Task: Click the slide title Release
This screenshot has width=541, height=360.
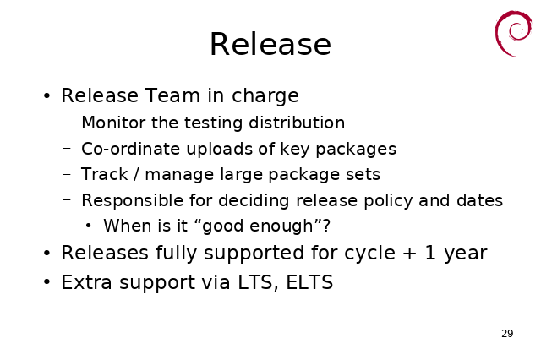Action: tap(270, 44)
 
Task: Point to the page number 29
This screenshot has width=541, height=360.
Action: tap(507, 334)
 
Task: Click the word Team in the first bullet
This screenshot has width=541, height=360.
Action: tap(172, 95)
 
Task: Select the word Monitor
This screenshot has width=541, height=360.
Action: tap(113, 123)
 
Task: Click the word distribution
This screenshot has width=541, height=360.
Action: tap(297, 123)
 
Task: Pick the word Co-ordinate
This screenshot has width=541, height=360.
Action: tap(130, 149)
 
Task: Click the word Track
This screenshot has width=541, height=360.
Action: tap(105, 174)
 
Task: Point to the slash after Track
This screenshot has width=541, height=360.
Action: tap(137, 174)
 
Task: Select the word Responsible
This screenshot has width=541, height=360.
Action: tap(132, 200)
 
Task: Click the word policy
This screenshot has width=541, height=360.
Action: tap(388, 201)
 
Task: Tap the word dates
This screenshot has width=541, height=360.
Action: tap(479, 200)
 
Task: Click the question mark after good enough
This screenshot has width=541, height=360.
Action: tap(326, 226)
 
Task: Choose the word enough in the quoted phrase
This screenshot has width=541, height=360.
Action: tap(281, 226)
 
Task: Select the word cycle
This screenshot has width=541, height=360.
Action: tap(369, 254)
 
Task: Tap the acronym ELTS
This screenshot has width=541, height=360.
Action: tap(309, 282)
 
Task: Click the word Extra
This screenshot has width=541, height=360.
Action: tap(86, 282)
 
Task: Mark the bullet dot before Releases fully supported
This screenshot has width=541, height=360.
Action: tap(47, 254)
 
